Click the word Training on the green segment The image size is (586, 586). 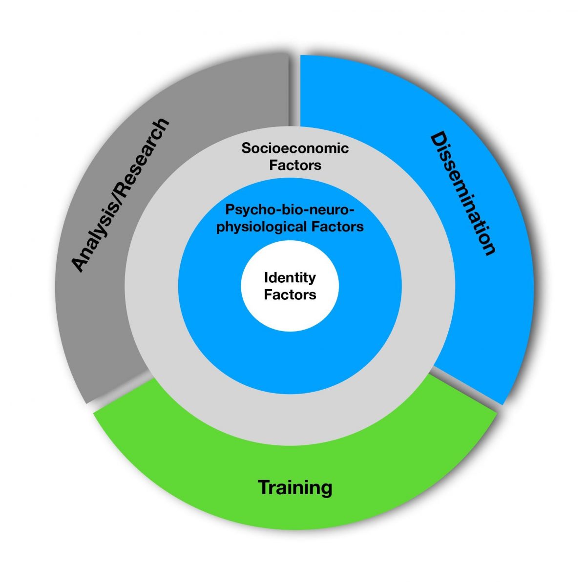(x=295, y=487)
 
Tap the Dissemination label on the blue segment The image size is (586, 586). (x=462, y=193)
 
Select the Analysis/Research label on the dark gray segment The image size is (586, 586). (x=121, y=194)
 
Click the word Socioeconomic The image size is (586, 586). (x=295, y=148)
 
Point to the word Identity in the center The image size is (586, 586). (x=290, y=278)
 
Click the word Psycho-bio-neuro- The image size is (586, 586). (x=289, y=210)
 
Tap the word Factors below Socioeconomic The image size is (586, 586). (x=295, y=165)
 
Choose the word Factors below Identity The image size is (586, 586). (x=290, y=295)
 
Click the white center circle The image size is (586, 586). (x=290, y=313)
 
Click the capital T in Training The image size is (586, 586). (x=264, y=487)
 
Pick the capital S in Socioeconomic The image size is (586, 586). (x=246, y=148)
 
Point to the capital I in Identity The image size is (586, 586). (x=266, y=277)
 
